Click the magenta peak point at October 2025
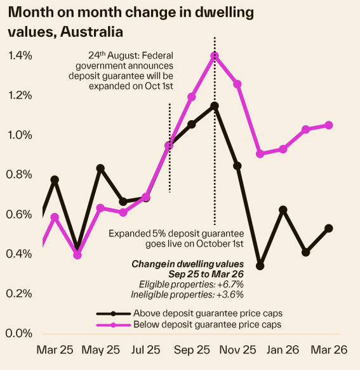(x=215, y=56)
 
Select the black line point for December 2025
(x=260, y=266)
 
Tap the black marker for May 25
(x=100, y=168)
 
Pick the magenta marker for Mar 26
(x=329, y=125)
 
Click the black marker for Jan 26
(x=283, y=210)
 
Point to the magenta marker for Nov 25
(x=237, y=84)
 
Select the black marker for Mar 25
(x=55, y=180)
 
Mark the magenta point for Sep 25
(x=192, y=97)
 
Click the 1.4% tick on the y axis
(x=20, y=56)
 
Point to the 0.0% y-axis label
(x=20, y=333)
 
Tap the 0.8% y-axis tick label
(x=20, y=175)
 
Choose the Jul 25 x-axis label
(x=145, y=350)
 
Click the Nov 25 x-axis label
(x=237, y=350)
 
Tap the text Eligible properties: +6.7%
(x=191, y=284)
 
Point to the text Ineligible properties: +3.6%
(x=191, y=294)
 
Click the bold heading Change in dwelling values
(x=187, y=264)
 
